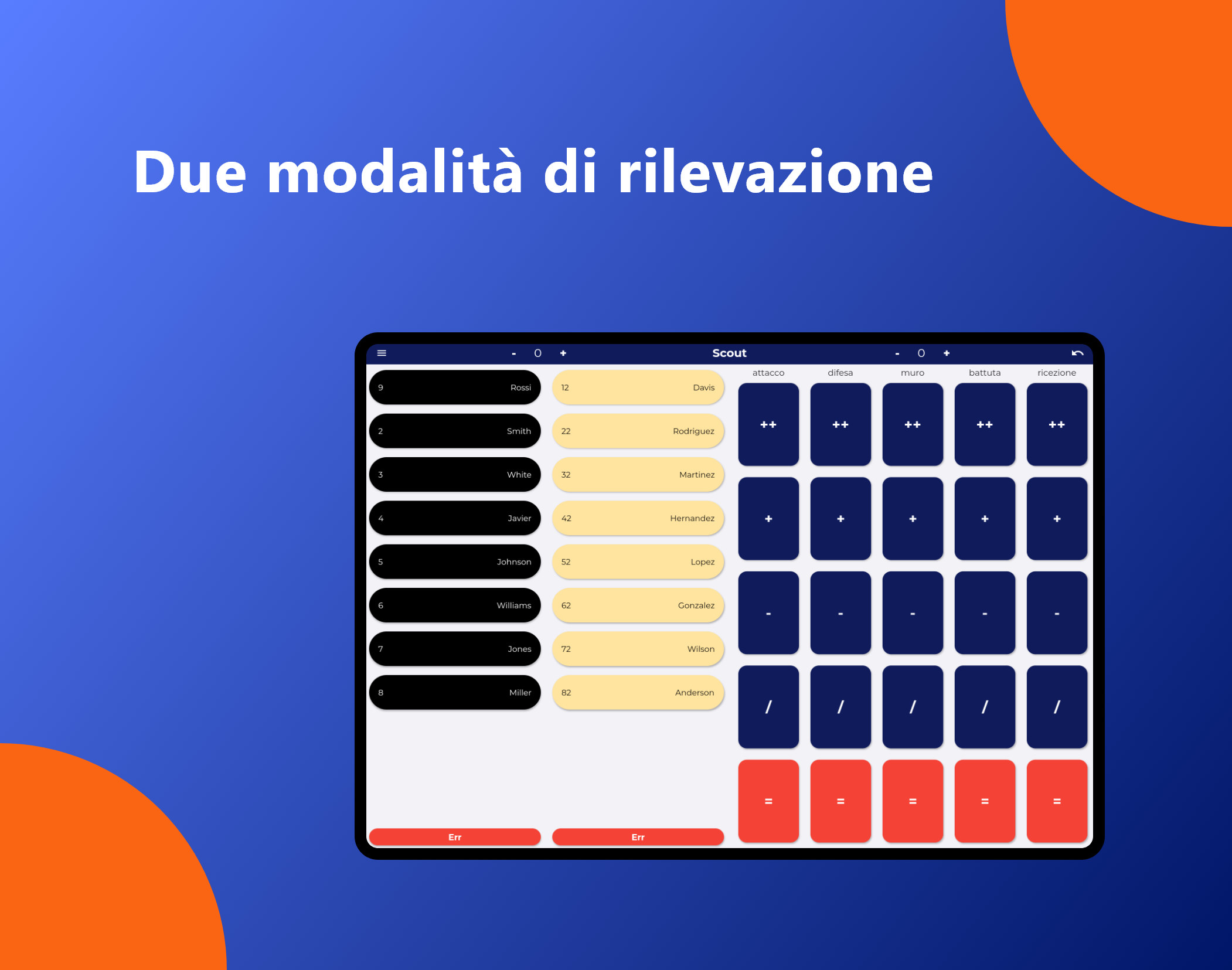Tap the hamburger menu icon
tap(382, 353)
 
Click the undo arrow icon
tap(1077, 353)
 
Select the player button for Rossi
tap(455, 387)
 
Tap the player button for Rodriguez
tap(638, 431)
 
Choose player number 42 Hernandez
tap(638, 518)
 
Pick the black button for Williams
tap(455, 605)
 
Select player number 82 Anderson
tap(638, 692)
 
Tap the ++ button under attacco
tap(768, 424)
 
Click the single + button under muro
tap(913, 519)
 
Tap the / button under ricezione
tap(1057, 707)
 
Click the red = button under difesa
tap(840, 801)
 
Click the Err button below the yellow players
tap(638, 837)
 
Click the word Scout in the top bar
tap(729, 353)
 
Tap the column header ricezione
tap(1057, 373)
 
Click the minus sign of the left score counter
tap(514, 353)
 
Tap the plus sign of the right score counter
tap(947, 353)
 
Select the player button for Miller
tap(455, 692)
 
